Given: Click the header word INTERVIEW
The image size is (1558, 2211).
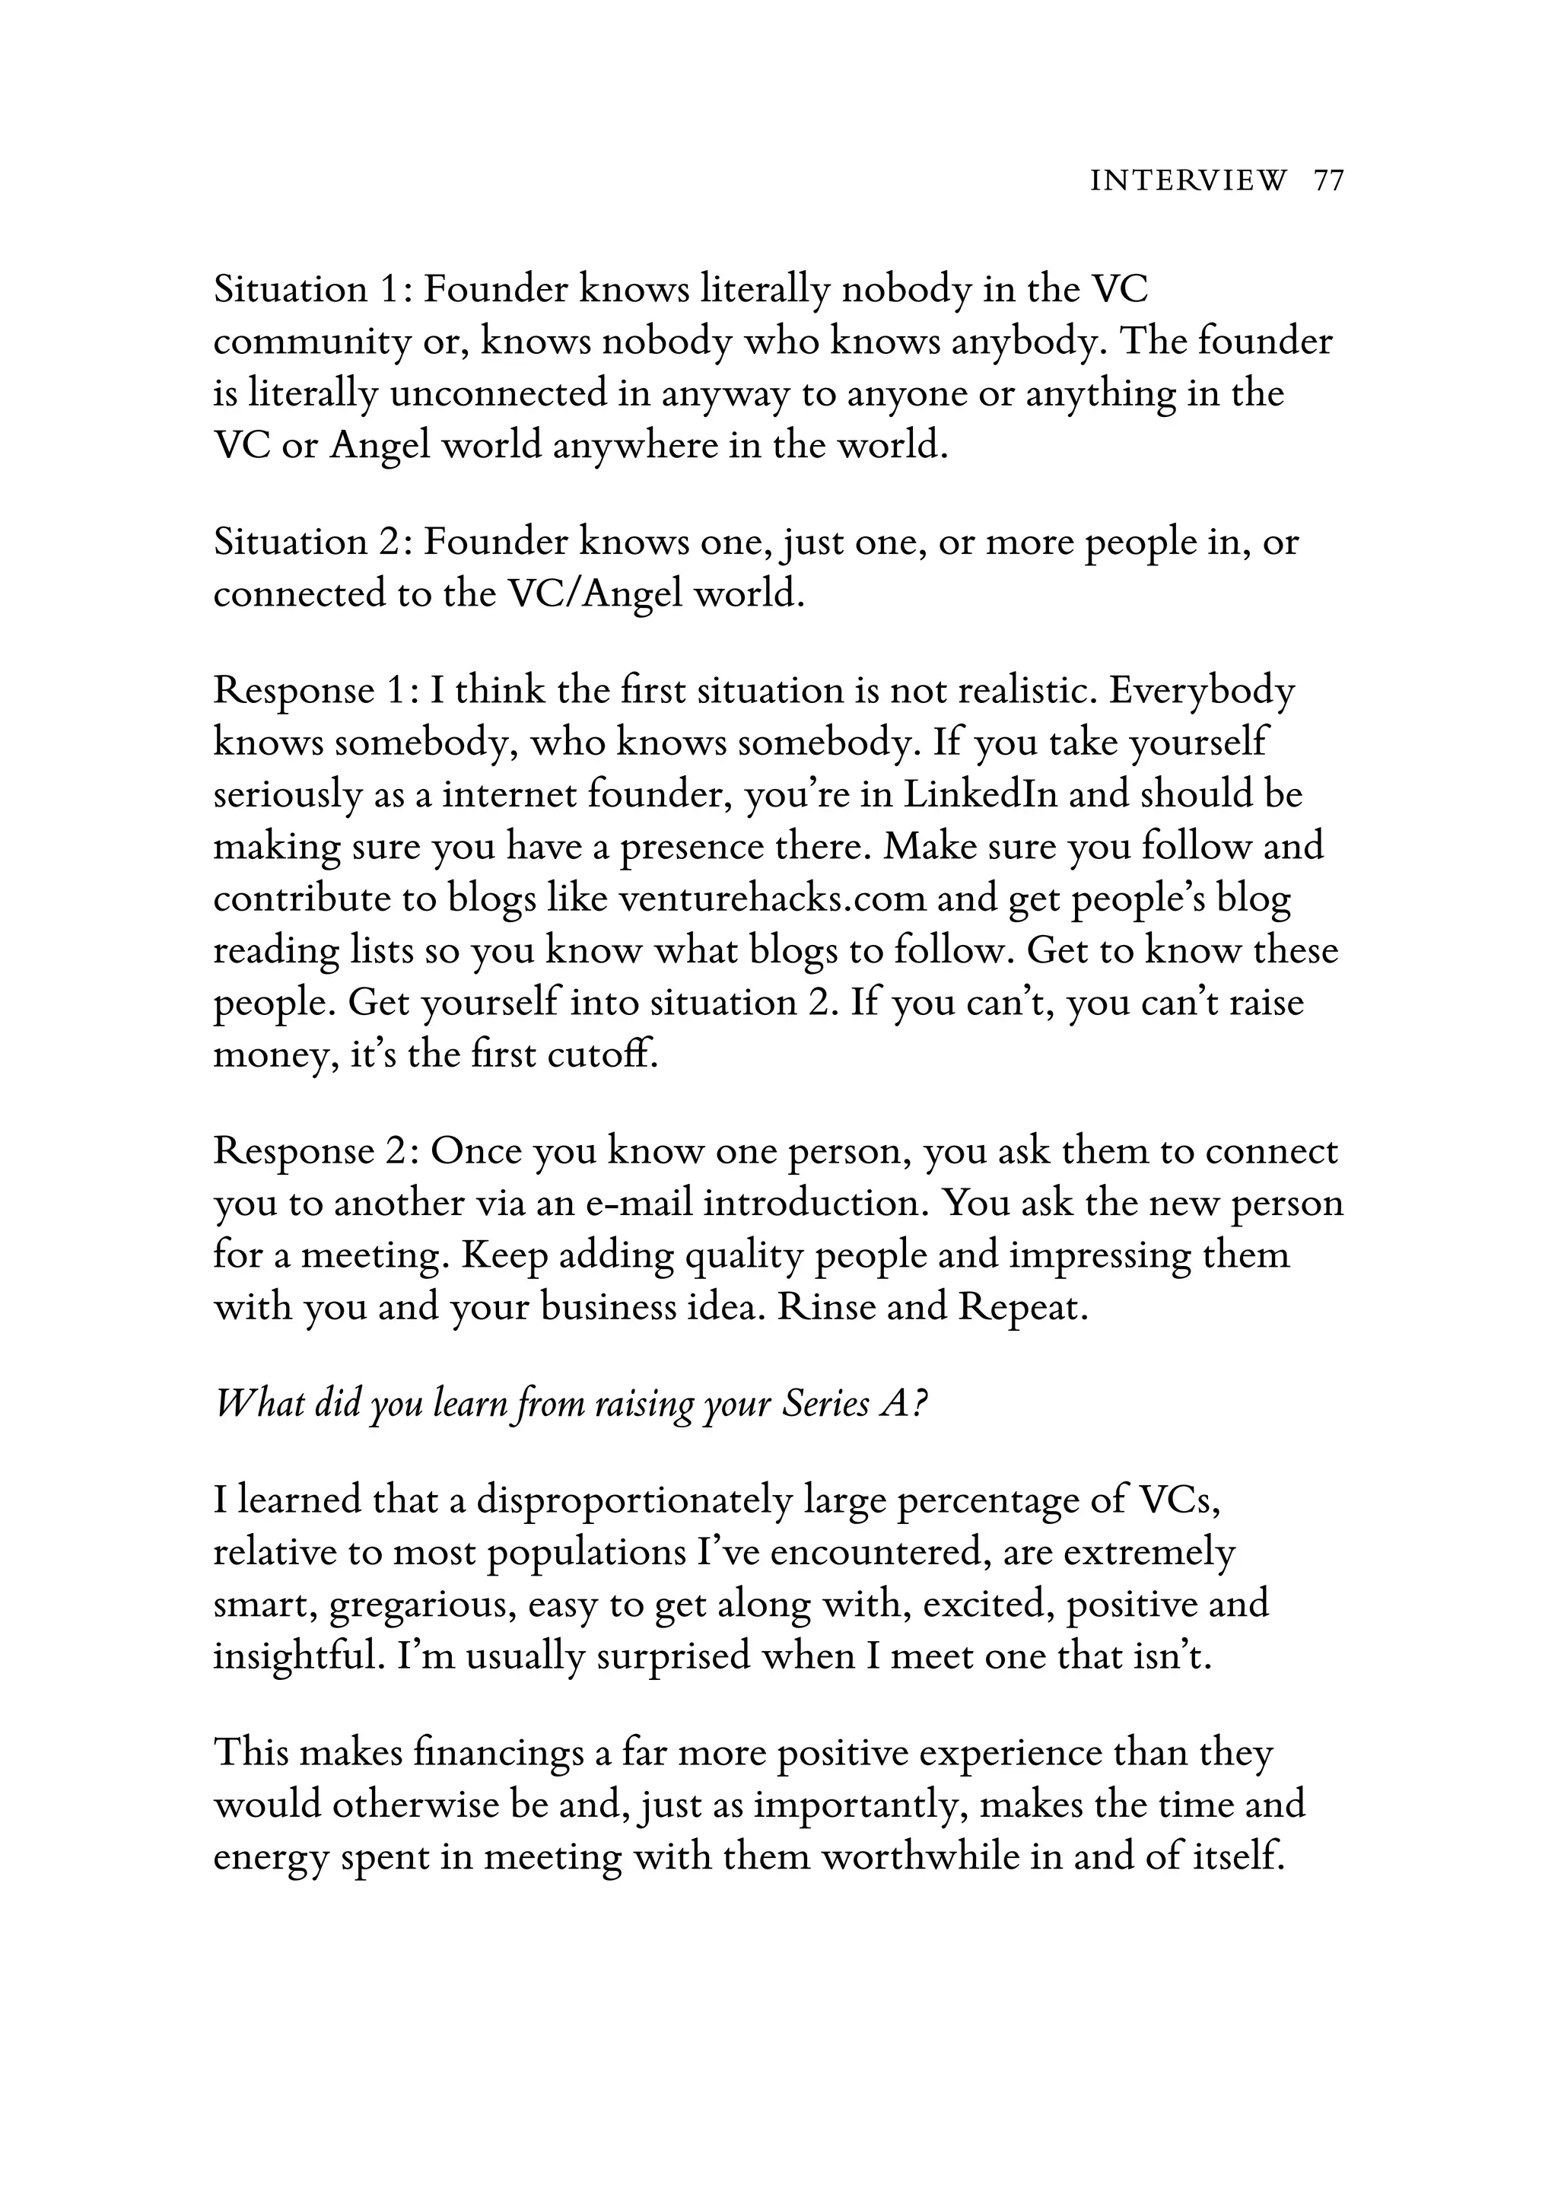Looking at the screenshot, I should (x=1188, y=181).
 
